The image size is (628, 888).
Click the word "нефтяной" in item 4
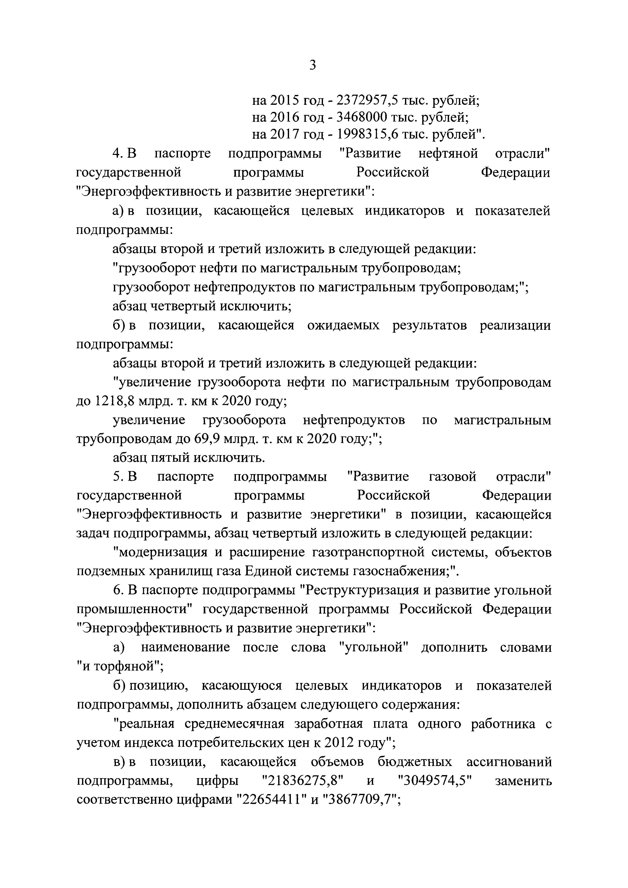448,154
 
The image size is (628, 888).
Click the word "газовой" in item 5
452,476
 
